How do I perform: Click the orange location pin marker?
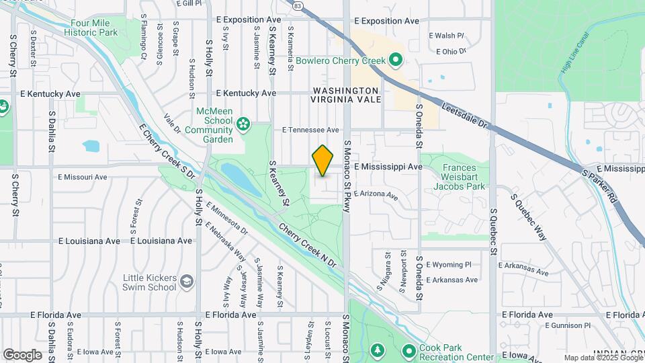tap(323, 161)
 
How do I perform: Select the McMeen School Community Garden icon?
tap(243, 124)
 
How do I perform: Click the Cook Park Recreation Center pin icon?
tap(408, 350)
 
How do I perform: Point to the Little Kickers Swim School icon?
tap(187, 281)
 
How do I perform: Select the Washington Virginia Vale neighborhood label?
tap(345, 95)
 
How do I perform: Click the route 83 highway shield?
tap(298, 5)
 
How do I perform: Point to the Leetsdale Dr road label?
tap(468, 114)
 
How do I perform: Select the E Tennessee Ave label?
tap(310, 130)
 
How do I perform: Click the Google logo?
tap(22, 354)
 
